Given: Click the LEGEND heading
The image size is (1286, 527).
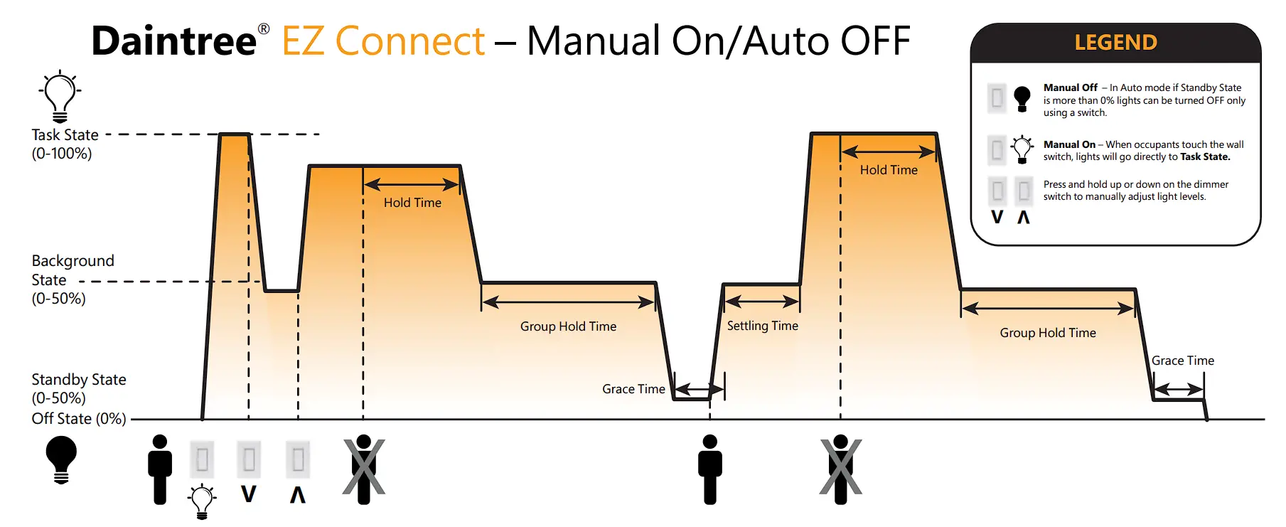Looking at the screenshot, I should pos(1115,43).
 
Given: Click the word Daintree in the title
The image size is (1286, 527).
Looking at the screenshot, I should pos(173,41).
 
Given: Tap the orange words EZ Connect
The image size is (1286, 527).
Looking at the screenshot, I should pos(383,41).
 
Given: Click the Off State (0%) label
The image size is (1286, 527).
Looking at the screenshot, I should pos(78,419).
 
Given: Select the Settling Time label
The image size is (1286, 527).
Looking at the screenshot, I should pos(762,326).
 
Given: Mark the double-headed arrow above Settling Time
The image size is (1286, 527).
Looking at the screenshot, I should pos(762,301).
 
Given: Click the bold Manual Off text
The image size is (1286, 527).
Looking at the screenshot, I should pos(1070,87).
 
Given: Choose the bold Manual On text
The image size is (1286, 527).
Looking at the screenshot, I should pos(1069,144).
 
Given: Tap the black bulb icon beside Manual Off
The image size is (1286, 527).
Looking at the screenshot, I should pos(1022,98).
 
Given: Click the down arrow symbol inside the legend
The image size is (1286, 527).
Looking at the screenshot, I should pos(997,217).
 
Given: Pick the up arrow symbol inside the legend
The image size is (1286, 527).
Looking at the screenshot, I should pos(1024,217).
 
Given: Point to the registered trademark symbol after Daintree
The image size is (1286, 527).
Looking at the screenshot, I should pos(264,29).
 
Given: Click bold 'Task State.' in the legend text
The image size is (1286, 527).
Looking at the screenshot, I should pos(1205,157).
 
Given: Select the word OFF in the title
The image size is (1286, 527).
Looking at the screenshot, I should pos(874,41).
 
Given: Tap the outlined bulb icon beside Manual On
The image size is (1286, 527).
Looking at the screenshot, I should pos(1022,149).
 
